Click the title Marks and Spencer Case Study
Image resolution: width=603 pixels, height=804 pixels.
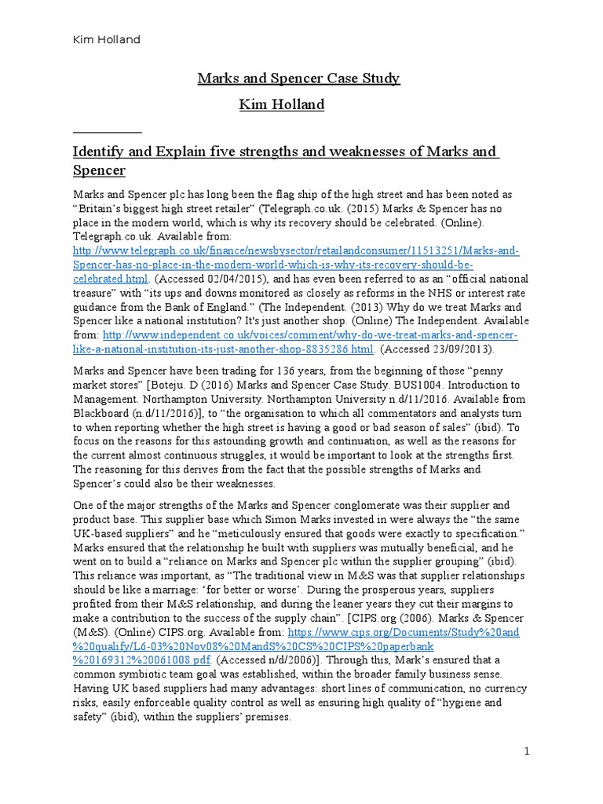298,78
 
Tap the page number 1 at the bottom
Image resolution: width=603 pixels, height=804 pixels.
528,751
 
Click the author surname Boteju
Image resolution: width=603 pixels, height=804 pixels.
181,385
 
